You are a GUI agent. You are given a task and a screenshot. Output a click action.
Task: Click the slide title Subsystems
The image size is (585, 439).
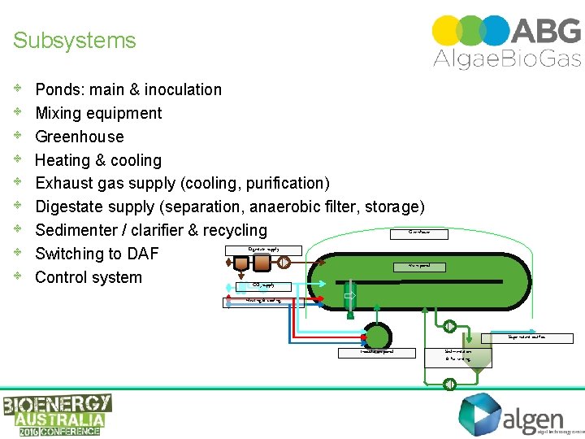coord(75,41)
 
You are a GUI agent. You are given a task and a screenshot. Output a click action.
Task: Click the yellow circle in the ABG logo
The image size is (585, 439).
coord(447,30)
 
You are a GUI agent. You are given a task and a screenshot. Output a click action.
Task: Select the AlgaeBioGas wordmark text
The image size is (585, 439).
coord(507,58)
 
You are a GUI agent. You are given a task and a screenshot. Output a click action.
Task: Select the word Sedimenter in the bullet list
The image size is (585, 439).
coord(76,230)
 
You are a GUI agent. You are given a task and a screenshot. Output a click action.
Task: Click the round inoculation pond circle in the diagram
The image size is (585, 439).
coord(376,337)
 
